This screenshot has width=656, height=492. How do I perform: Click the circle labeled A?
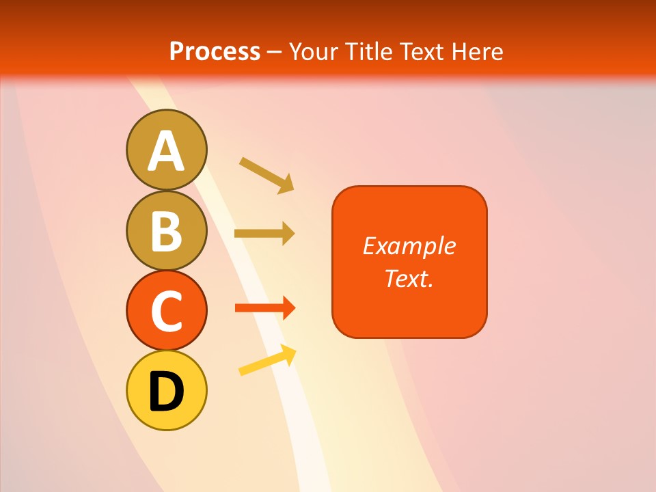(x=166, y=150)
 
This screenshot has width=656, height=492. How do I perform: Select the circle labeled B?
(x=166, y=230)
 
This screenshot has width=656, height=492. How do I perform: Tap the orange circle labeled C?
(x=166, y=310)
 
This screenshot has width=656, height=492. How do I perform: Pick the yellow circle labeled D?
(x=166, y=390)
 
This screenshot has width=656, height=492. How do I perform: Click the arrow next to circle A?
(x=266, y=174)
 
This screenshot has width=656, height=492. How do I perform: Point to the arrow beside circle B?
(x=264, y=234)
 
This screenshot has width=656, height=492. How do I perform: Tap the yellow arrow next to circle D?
(x=267, y=360)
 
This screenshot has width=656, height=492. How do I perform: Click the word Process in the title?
(x=215, y=51)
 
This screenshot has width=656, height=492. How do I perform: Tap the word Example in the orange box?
(x=409, y=246)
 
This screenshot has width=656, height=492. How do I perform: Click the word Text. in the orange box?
(x=409, y=278)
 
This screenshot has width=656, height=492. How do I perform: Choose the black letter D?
(x=166, y=392)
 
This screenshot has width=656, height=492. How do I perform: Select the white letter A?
(x=166, y=151)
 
